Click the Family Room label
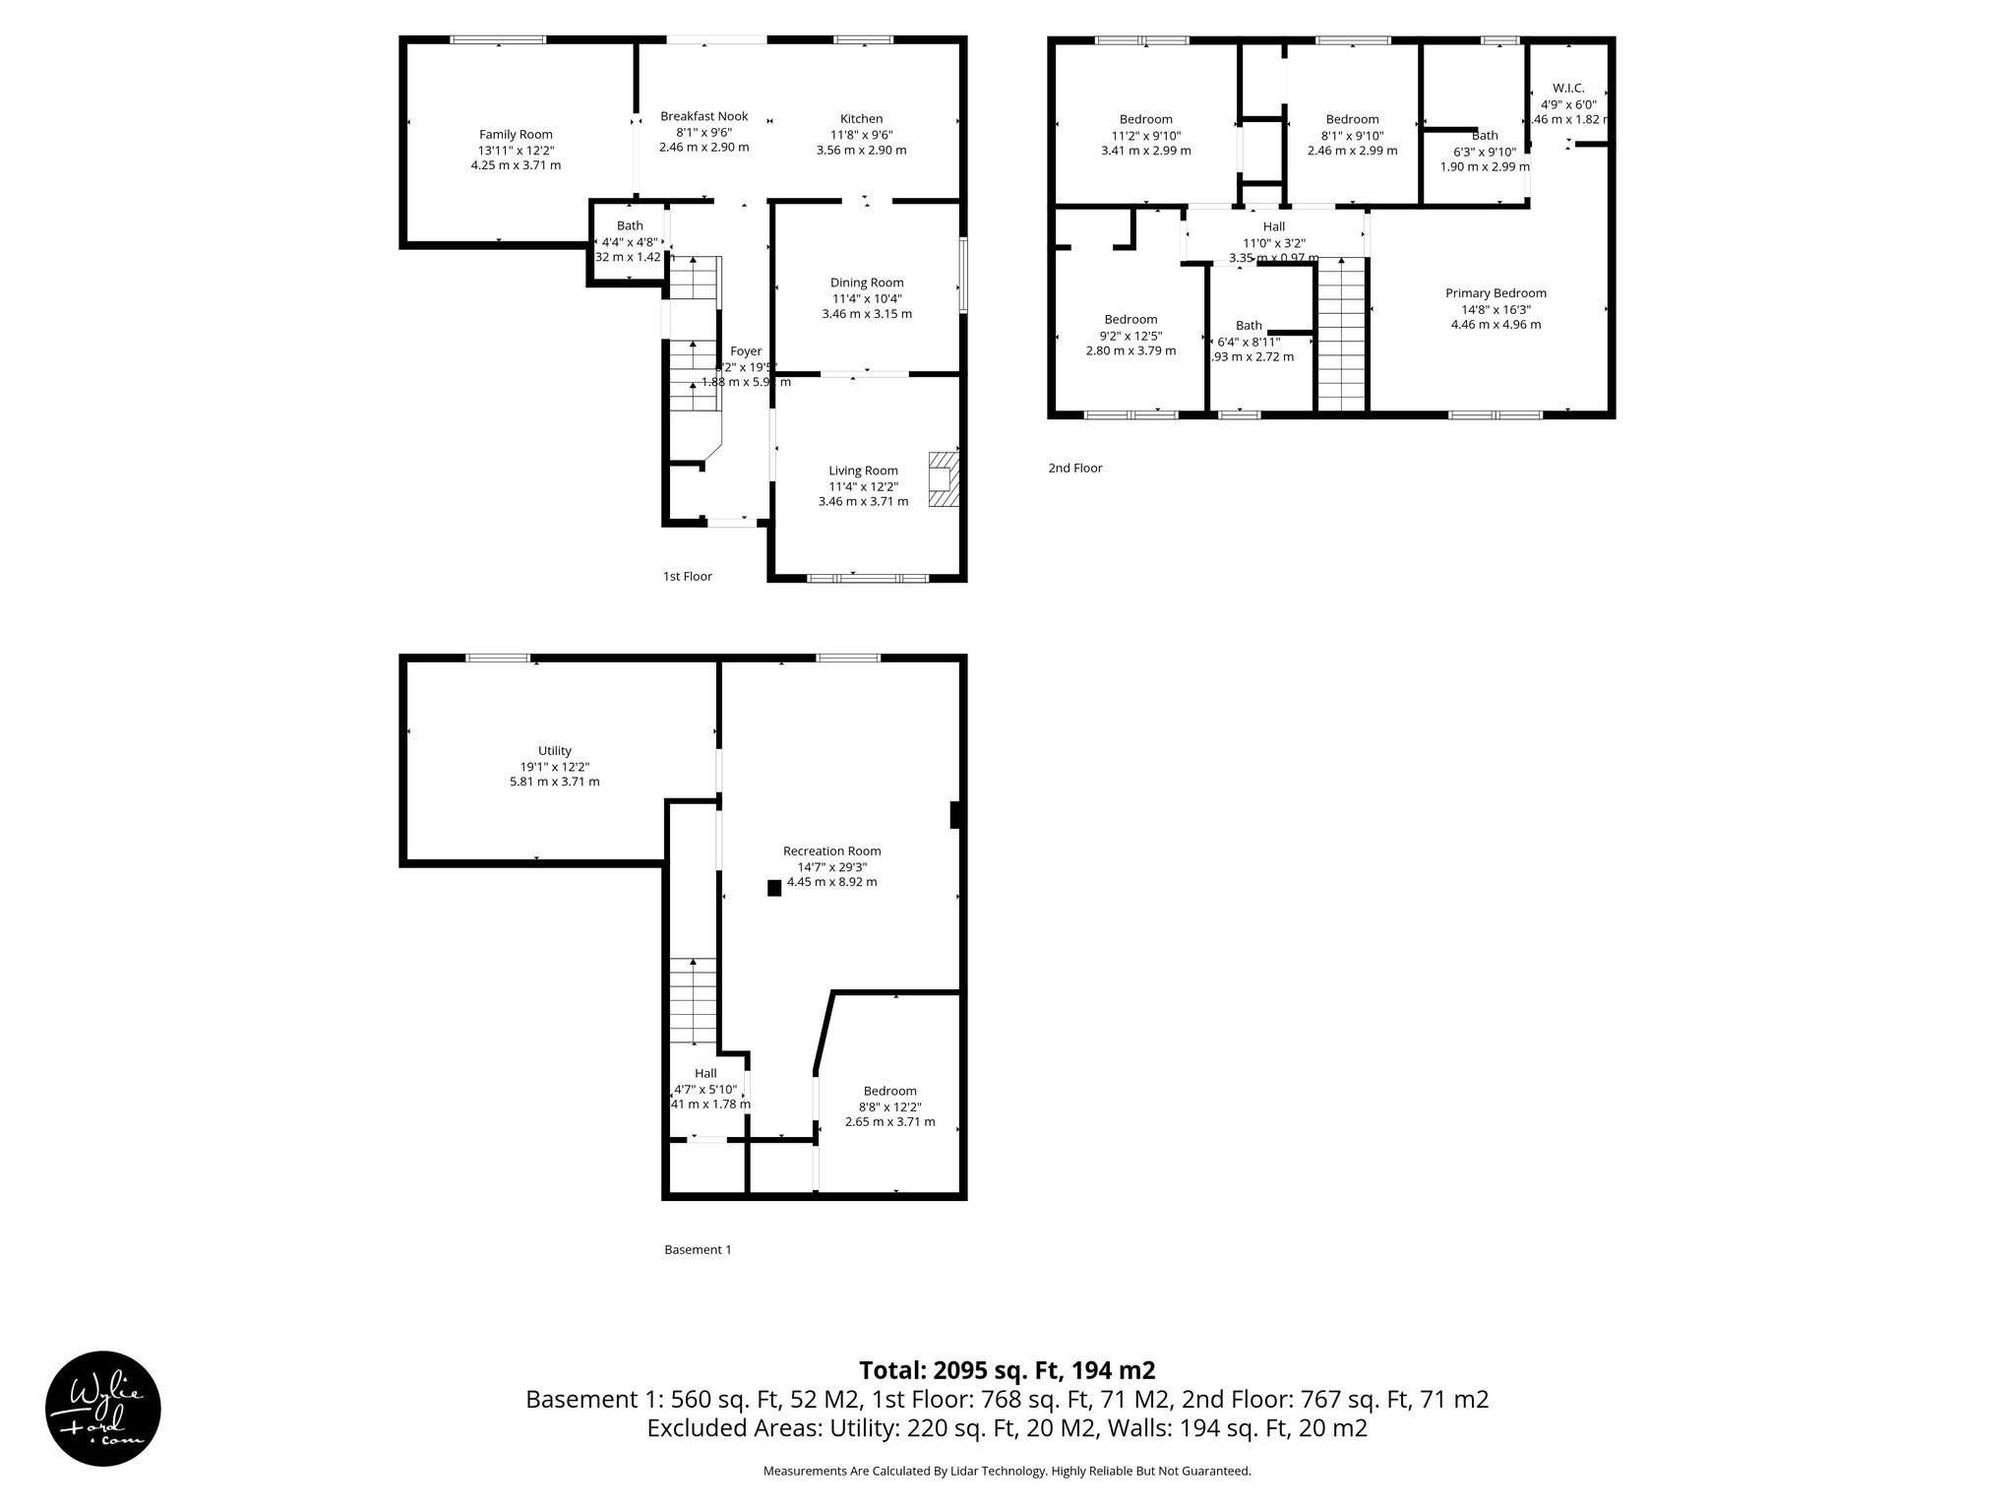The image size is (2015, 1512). pyautogui.click(x=516, y=135)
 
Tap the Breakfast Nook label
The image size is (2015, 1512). pyautogui.click(x=703, y=116)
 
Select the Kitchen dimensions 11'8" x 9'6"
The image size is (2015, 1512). pyautogui.click(x=861, y=135)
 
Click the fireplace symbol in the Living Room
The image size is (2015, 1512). pyautogui.click(x=944, y=479)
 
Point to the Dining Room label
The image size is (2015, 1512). pyautogui.click(x=867, y=283)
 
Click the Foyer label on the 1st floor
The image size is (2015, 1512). pyautogui.click(x=746, y=351)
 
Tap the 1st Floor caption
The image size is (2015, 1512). pyautogui.click(x=687, y=577)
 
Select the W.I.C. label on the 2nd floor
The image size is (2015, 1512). pyautogui.click(x=1568, y=89)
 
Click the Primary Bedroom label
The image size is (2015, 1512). pyautogui.click(x=1496, y=293)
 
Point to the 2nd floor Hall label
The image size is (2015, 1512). pyautogui.click(x=1273, y=227)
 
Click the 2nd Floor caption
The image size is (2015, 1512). pyautogui.click(x=1074, y=469)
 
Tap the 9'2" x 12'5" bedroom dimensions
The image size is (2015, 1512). pyautogui.click(x=1130, y=336)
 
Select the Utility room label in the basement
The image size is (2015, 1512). pyautogui.click(x=555, y=751)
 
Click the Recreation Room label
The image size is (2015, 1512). pyautogui.click(x=831, y=851)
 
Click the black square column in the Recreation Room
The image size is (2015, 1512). pyautogui.click(x=774, y=888)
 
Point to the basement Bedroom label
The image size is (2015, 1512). pyautogui.click(x=889, y=1091)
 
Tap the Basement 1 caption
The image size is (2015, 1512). pyautogui.click(x=698, y=1250)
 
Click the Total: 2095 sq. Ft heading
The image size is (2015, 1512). pyautogui.click(x=1007, y=1370)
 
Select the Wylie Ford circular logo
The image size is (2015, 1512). pyautogui.click(x=103, y=1408)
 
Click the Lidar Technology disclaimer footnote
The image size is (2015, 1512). pyautogui.click(x=1007, y=1472)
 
